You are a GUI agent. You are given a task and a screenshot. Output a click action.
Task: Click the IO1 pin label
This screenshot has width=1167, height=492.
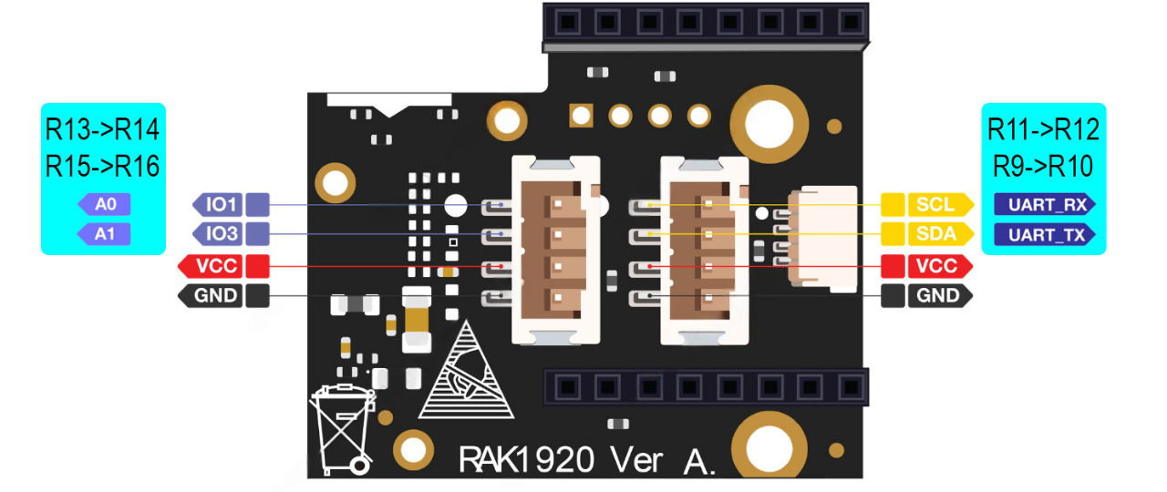(222, 204)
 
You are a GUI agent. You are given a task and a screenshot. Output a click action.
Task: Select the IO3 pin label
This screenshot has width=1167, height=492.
(222, 235)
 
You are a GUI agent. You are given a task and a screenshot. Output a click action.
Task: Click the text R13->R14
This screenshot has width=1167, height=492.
(102, 130)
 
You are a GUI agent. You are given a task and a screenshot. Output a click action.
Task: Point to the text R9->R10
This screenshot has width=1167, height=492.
(1043, 166)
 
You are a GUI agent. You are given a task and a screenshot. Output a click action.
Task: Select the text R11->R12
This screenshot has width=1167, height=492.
(1043, 130)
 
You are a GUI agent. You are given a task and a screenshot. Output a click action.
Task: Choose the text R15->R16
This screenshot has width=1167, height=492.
(102, 166)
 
